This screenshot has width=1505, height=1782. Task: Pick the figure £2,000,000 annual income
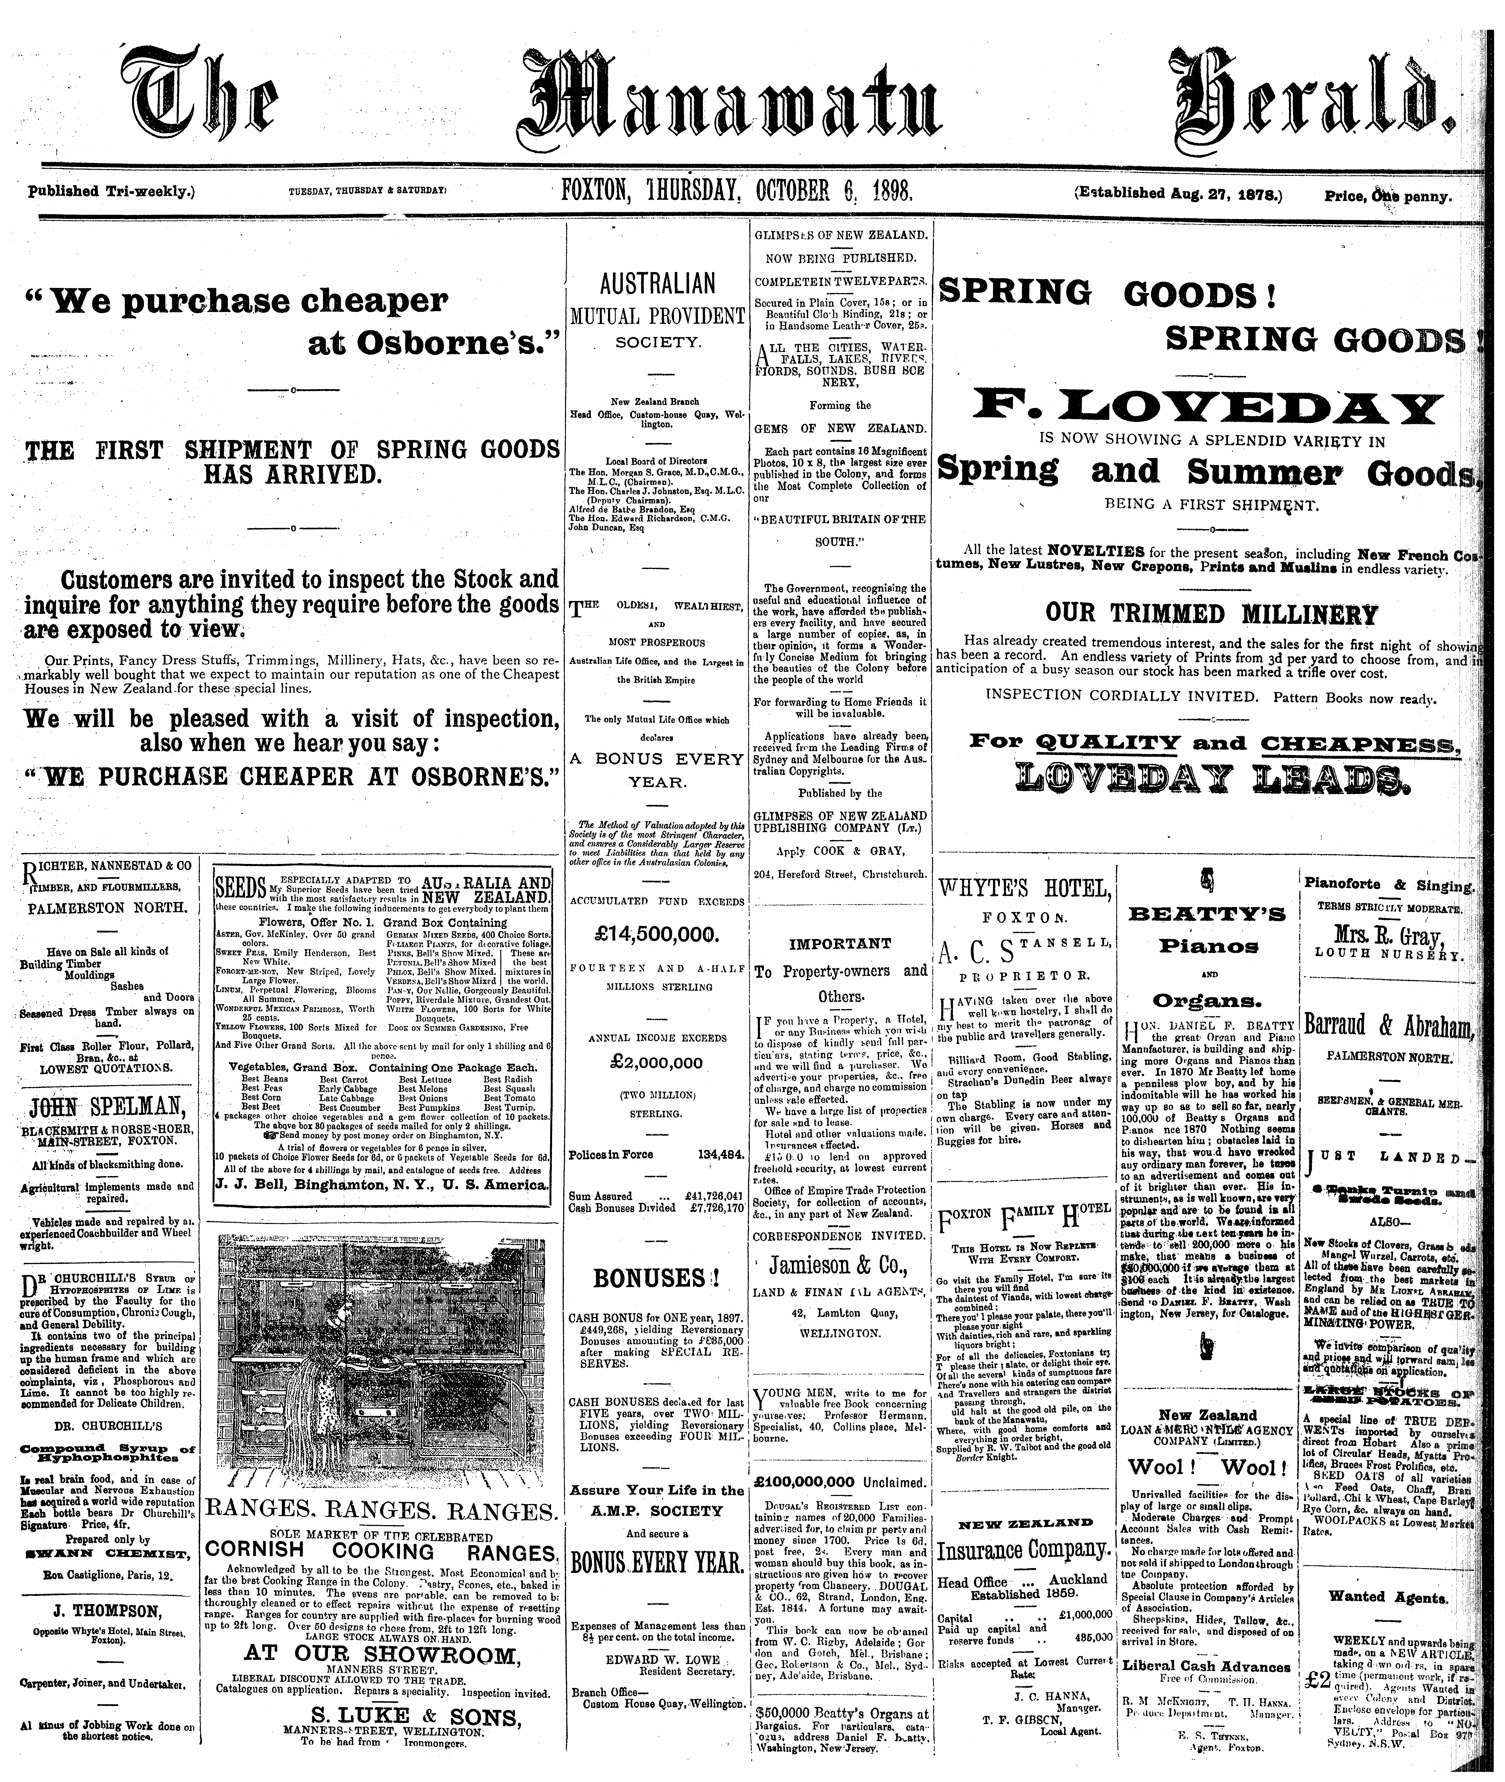click(657, 1063)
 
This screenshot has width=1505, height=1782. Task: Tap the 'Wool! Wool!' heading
click(1206, 1467)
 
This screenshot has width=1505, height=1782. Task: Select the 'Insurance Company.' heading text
click(1023, 1549)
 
